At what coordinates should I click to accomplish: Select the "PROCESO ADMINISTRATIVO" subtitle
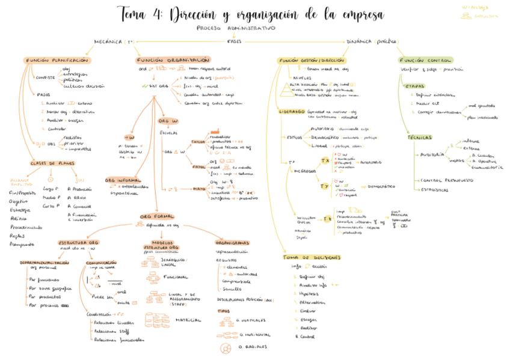(236, 28)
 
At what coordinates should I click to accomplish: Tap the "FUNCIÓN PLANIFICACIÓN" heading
(58, 61)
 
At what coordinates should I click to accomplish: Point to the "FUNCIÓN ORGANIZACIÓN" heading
(173, 60)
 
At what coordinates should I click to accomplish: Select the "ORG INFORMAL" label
(123, 180)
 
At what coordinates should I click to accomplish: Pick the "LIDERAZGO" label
(291, 112)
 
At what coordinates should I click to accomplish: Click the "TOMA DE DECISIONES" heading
(311, 257)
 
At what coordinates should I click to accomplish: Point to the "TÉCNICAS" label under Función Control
(419, 138)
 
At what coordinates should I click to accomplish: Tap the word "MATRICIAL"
(188, 320)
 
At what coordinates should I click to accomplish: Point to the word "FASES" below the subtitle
(235, 42)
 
